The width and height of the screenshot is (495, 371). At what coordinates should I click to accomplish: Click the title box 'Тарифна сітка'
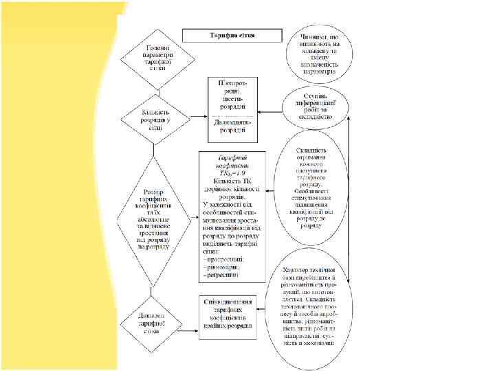232,35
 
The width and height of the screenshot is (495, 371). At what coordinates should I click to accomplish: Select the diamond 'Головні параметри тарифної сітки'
148,59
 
